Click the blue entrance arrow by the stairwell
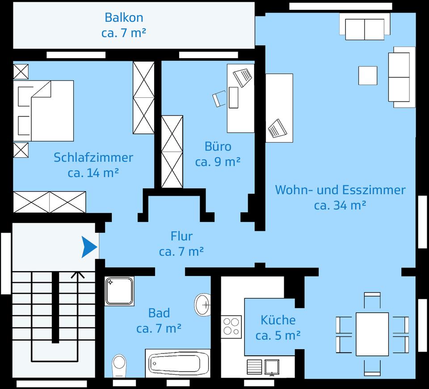click(x=89, y=247)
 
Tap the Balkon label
click(x=124, y=18)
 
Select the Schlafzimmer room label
click(x=93, y=158)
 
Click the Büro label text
click(x=218, y=146)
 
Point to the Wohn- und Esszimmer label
click(x=340, y=190)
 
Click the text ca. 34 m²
click(x=340, y=205)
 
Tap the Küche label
click(x=278, y=320)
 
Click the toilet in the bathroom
click(x=119, y=365)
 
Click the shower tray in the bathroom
click(x=119, y=291)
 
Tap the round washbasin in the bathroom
click(x=203, y=305)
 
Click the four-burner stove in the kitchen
click(x=231, y=326)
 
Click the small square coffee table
click(x=368, y=75)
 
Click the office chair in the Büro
click(x=219, y=99)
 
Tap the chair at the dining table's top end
click(x=372, y=300)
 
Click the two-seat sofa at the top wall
click(x=365, y=27)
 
